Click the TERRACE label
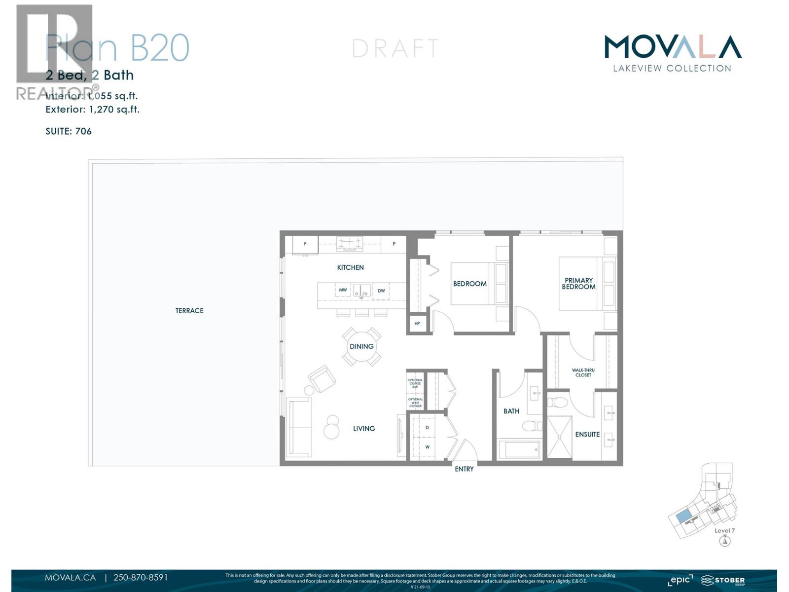(x=189, y=310)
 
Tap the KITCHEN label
(x=350, y=267)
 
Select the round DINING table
(x=361, y=346)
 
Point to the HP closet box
(x=417, y=324)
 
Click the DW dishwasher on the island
(x=381, y=291)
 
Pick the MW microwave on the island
(x=343, y=290)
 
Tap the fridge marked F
(x=305, y=244)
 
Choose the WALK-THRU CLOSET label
(x=583, y=372)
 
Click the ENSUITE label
(x=587, y=434)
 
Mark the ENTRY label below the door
(x=464, y=469)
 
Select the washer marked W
(x=427, y=447)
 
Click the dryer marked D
(x=427, y=427)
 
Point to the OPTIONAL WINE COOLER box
(x=415, y=403)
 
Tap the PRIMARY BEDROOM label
(x=578, y=284)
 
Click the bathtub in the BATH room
(x=519, y=449)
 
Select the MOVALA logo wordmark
(x=673, y=47)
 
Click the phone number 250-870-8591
(x=141, y=577)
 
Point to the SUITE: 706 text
(x=69, y=131)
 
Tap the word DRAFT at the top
(x=395, y=48)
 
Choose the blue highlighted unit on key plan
(x=683, y=517)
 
